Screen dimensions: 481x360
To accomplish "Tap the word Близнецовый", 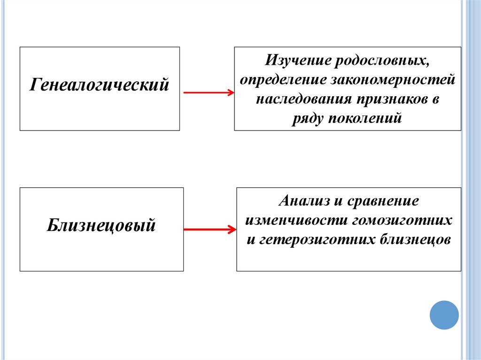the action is tap(101, 226).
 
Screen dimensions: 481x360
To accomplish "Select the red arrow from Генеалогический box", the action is tap(208, 93).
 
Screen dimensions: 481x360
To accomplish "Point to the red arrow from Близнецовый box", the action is tap(209, 230).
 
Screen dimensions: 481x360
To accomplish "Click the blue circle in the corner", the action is tap(444, 315).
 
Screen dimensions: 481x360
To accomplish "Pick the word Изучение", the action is tap(295, 61).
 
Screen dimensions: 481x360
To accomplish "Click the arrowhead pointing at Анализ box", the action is tap(232, 230).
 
